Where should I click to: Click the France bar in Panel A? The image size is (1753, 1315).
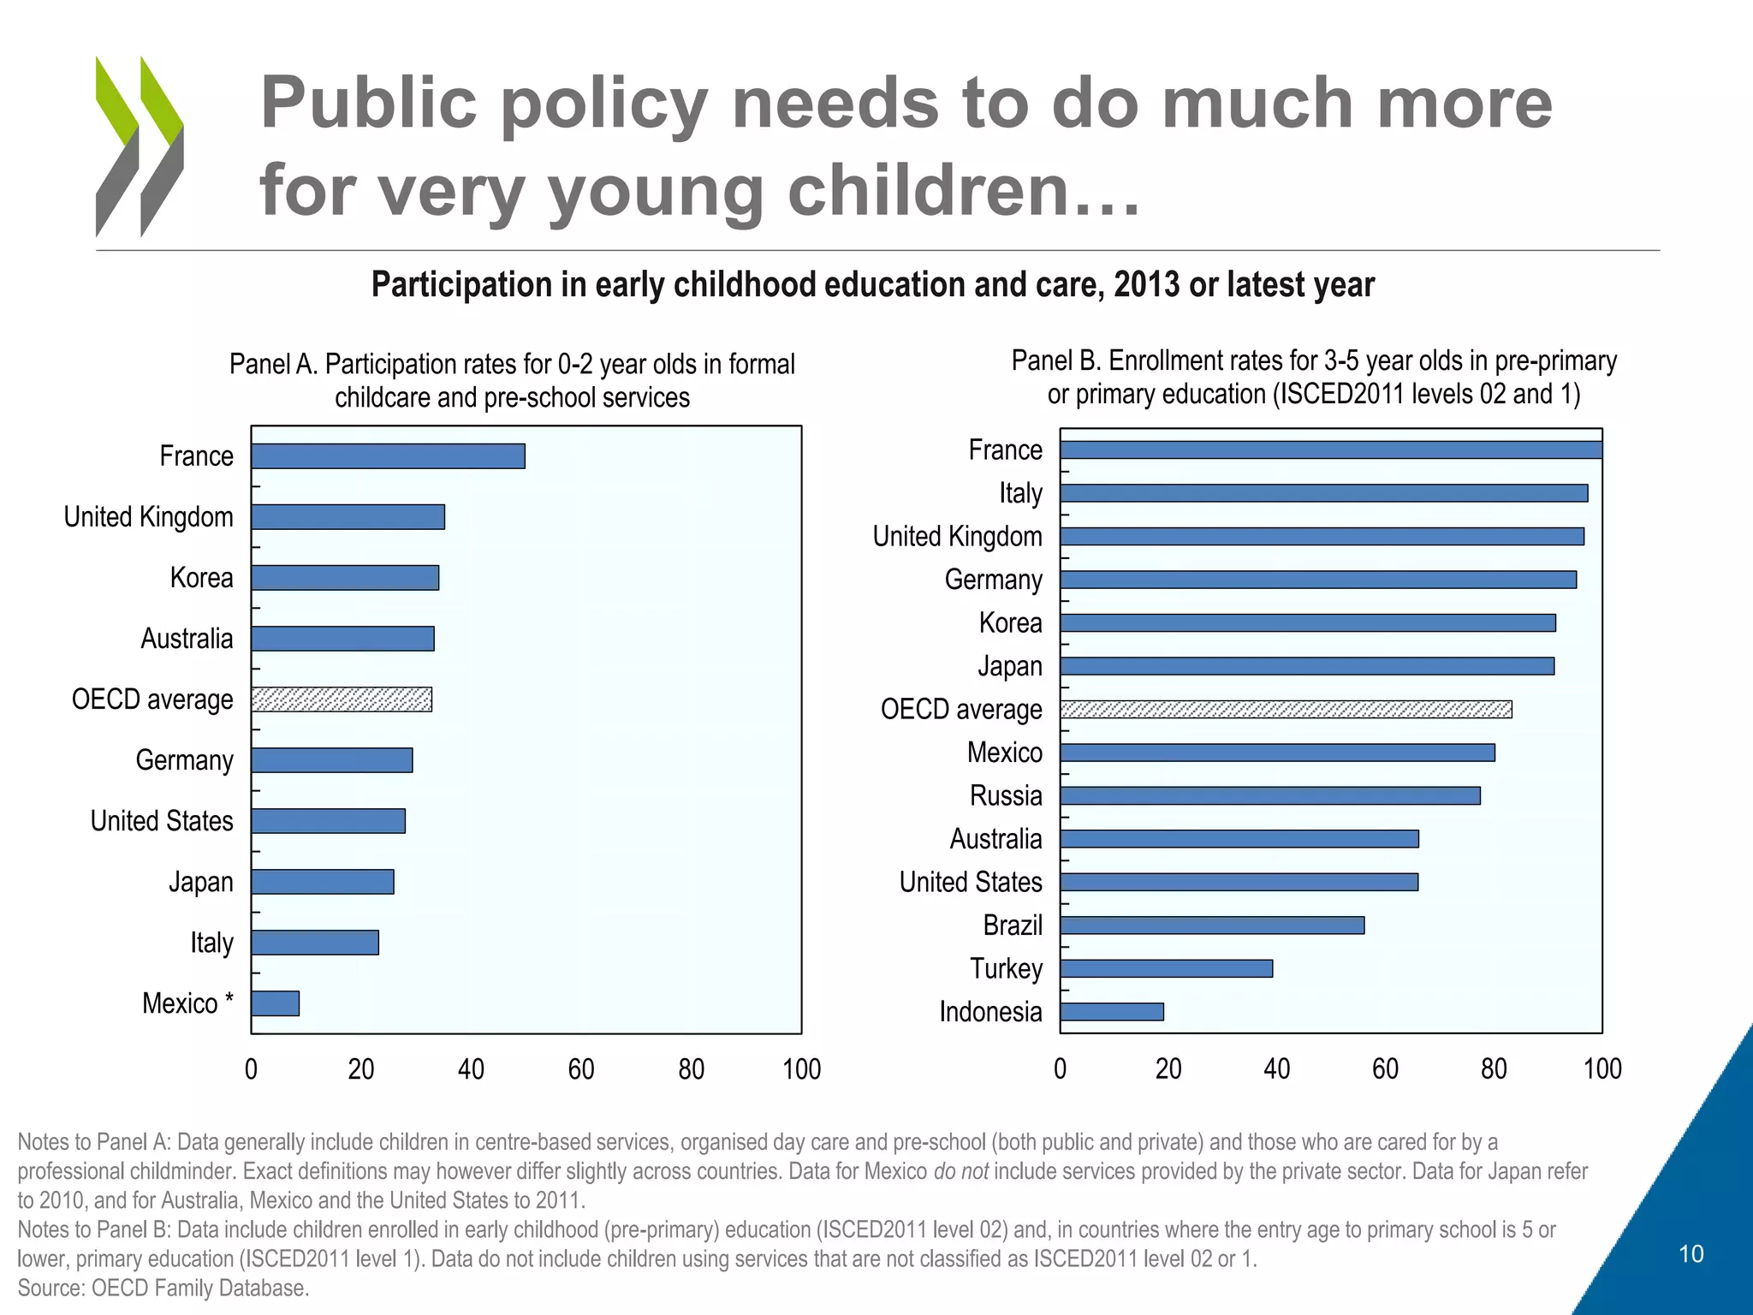click(x=388, y=456)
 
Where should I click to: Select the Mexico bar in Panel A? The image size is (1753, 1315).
click(x=275, y=1003)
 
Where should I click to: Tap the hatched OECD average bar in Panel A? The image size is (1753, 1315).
click(x=342, y=699)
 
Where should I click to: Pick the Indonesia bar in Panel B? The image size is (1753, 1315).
click(x=1112, y=1012)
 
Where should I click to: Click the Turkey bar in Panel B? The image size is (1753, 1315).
click(x=1166, y=968)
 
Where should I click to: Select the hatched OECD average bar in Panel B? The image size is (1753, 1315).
click(x=1286, y=709)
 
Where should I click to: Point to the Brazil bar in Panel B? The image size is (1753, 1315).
click(x=1212, y=925)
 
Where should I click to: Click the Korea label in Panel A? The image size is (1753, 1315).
click(x=201, y=578)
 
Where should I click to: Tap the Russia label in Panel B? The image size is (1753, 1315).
click(x=1006, y=795)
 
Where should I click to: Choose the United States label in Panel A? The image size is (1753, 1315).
click(x=162, y=821)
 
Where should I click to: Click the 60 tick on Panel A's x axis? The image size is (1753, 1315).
click(x=581, y=1069)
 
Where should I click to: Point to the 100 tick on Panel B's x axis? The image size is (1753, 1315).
click(x=1602, y=1068)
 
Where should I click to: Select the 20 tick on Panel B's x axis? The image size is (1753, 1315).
click(x=1168, y=1068)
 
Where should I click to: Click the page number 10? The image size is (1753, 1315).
click(x=1691, y=1254)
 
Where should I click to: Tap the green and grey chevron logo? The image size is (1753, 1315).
click(x=140, y=146)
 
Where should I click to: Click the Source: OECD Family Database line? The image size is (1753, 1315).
click(x=163, y=1288)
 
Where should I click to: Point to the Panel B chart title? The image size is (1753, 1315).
click(x=1314, y=378)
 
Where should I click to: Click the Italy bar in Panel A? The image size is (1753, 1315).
click(x=315, y=943)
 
